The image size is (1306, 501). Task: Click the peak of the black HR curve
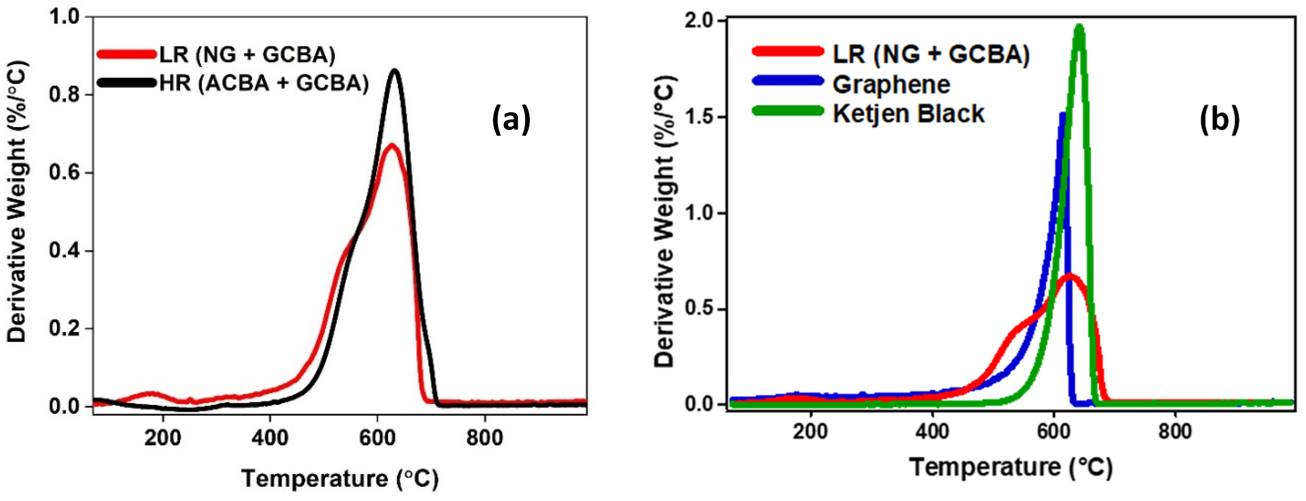394,71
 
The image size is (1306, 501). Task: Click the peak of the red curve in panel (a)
391,146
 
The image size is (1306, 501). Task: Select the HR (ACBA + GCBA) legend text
264,83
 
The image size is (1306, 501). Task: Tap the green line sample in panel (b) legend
787,111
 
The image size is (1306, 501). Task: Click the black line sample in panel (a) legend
127,82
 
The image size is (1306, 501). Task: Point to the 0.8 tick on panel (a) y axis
65,95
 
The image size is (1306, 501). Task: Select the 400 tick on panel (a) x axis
270,437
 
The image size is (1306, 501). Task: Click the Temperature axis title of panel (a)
340,478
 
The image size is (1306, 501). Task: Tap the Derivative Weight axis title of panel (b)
665,221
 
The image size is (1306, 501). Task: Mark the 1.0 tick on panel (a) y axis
65,17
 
